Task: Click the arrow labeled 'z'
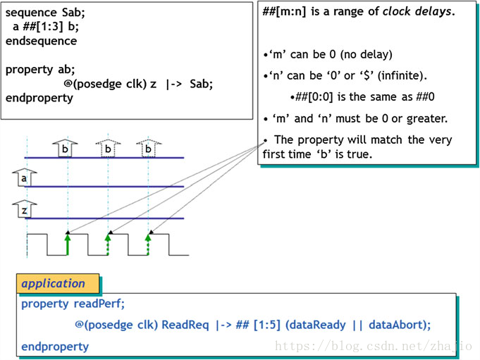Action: [x=25, y=209]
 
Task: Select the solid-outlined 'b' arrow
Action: [x=65, y=148]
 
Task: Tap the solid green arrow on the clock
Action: [x=68, y=243]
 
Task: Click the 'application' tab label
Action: [x=53, y=284]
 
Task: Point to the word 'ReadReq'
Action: [x=184, y=325]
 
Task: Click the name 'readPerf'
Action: [x=99, y=304]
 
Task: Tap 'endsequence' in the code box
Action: [x=41, y=42]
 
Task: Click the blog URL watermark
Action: [x=374, y=347]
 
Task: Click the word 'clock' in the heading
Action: [x=400, y=12]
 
